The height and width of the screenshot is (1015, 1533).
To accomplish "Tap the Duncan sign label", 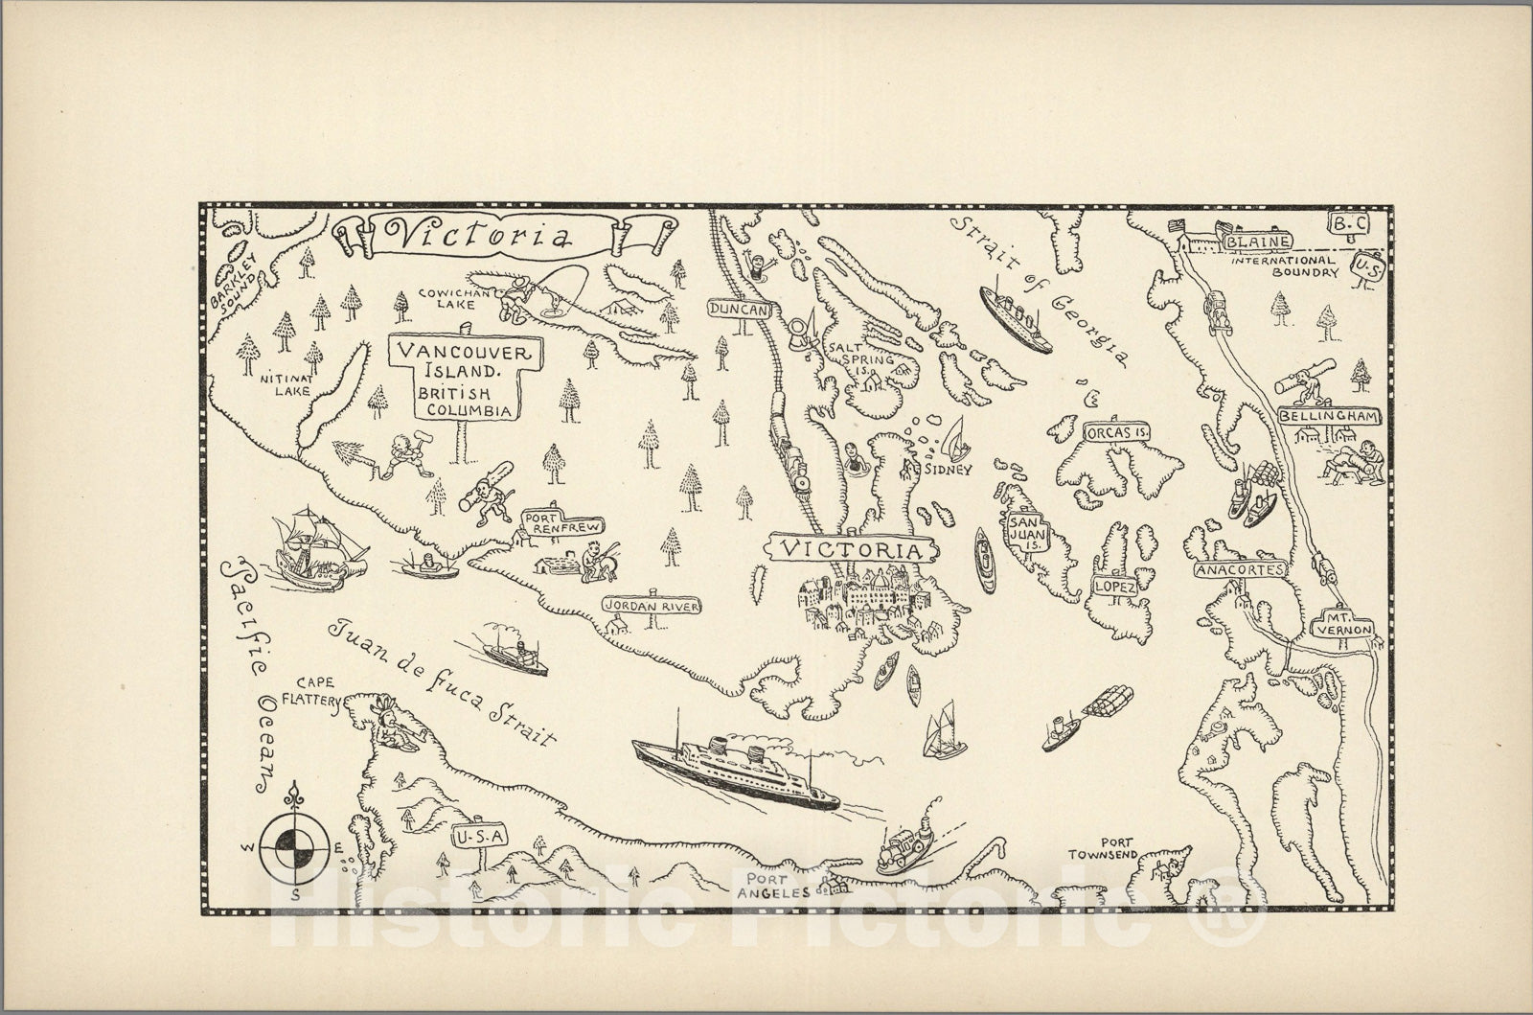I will click(740, 309).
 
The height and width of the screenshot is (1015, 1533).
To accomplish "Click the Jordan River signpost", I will click(652, 607).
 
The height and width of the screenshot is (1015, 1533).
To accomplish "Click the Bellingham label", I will click(1328, 417).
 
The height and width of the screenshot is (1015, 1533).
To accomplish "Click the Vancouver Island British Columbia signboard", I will click(465, 381).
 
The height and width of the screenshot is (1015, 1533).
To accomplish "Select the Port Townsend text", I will click(1105, 847).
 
